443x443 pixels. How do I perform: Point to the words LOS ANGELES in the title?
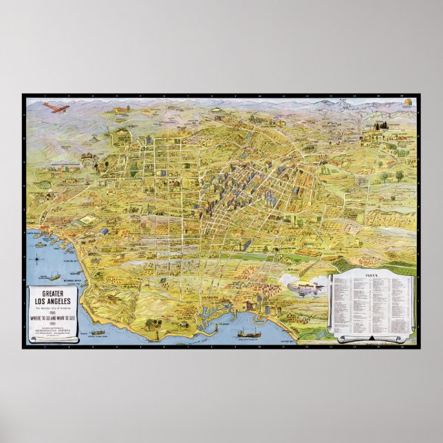[54, 300]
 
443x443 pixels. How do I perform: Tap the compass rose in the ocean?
[36, 259]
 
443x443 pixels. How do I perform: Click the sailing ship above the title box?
[52, 276]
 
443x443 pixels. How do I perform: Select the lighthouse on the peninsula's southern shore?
[158, 336]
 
